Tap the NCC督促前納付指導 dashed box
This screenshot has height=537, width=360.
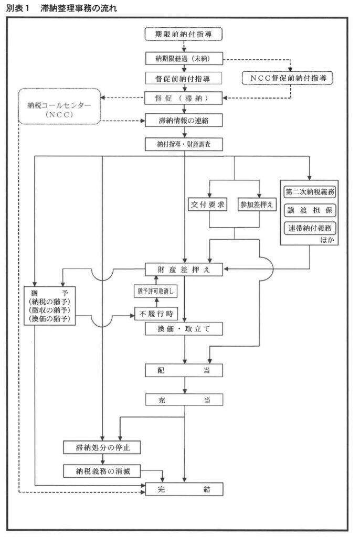coord(288,77)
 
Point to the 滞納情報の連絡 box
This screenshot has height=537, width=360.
coord(184,120)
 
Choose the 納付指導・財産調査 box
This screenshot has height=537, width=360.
coord(184,143)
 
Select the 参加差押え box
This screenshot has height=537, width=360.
coord(257,205)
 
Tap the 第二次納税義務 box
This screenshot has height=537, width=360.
coord(310,192)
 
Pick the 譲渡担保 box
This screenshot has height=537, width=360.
coord(310,210)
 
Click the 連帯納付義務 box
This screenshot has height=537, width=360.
coord(310,228)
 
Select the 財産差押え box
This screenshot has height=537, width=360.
coord(184,270)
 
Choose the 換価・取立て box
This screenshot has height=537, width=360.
coord(184,329)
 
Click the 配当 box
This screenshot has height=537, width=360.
coord(184,370)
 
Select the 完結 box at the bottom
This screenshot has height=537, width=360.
coord(184,489)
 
